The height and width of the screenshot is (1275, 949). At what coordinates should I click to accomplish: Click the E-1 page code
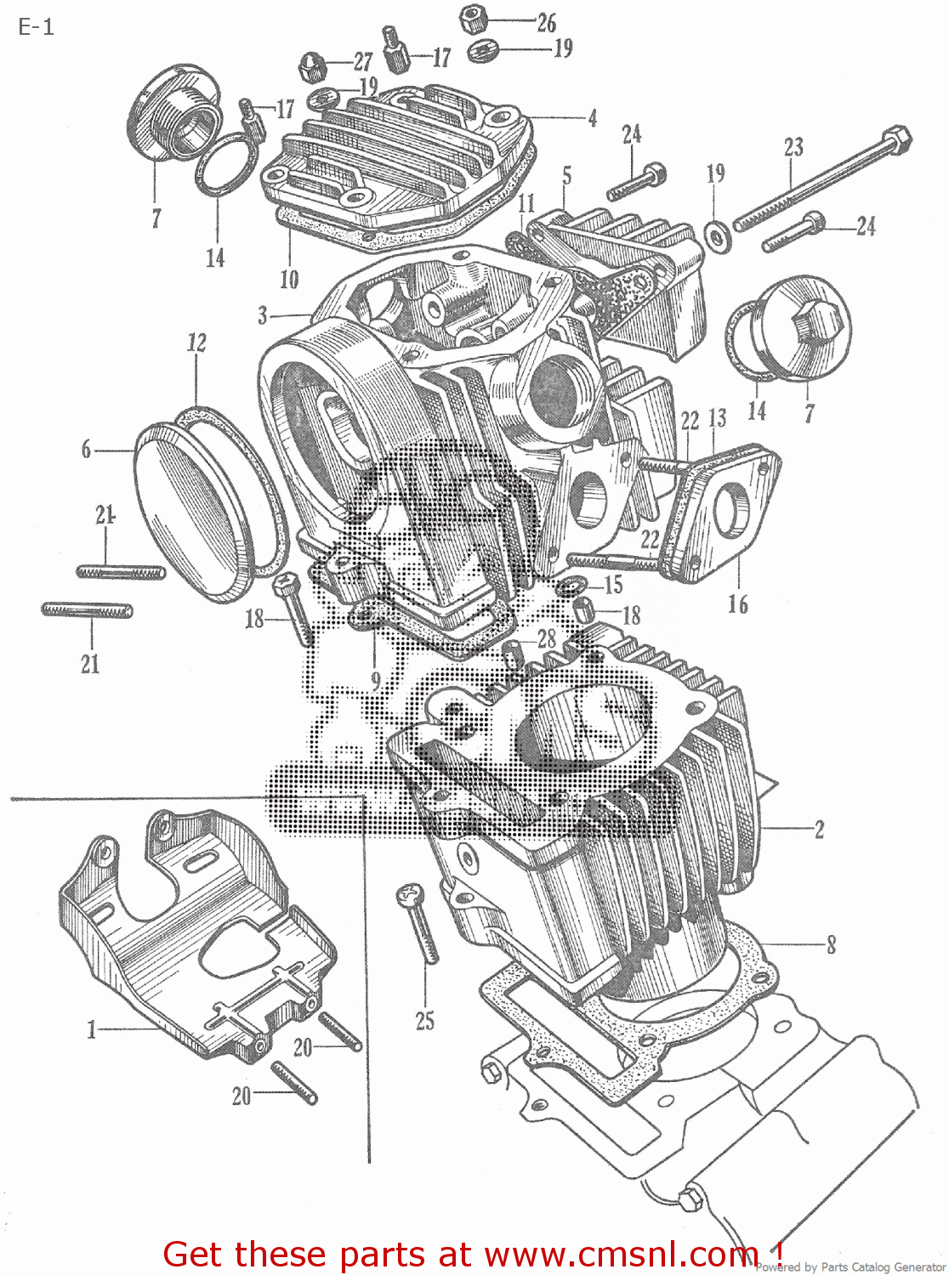pyautogui.click(x=36, y=27)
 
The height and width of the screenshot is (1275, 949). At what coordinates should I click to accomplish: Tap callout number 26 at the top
pyautogui.click(x=546, y=23)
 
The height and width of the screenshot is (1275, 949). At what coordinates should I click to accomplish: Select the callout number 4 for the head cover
pyautogui.click(x=592, y=118)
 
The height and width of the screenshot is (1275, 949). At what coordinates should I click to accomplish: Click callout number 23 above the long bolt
pyautogui.click(x=793, y=147)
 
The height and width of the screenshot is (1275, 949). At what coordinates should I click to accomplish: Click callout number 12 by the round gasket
pyautogui.click(x=196, y=343)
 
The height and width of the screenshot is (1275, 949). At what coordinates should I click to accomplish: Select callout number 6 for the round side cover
pyautogui.click(x=86, y=449)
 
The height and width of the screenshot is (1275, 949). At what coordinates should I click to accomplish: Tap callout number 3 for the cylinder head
pyautogui.click(x=263, y=315)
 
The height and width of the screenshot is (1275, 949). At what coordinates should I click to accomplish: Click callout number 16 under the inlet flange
pyautogui.click(x=737, y=604)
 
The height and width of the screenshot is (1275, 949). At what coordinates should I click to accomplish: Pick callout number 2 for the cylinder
pyautogui.click(x=819, y=829)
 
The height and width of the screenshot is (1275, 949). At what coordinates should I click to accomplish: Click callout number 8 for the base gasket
pyautogui.click(x=831, y=943)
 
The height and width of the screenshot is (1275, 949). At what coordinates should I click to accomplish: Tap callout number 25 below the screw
pyautogui.click(x=424, y=1020)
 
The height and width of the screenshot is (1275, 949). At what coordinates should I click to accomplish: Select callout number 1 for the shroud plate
pyautogui.click(x=91, y=1030)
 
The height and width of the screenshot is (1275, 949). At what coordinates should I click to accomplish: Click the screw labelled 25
pyautogui.click(x=418, y=921)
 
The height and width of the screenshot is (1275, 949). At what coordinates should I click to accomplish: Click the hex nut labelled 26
pyautogui.click(x=473, y=19)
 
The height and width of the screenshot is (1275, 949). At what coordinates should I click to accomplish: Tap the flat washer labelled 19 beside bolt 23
pyautogui.click(x=717, y=235)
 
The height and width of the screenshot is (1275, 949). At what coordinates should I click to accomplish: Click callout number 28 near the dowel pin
pyautogui.click(x=546, y=638)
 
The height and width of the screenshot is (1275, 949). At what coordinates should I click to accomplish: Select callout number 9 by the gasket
pyautogui.click(x=375, y=681)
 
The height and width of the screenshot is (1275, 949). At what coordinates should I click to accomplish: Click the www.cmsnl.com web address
pyautogui.click(x=621, y=1255)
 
